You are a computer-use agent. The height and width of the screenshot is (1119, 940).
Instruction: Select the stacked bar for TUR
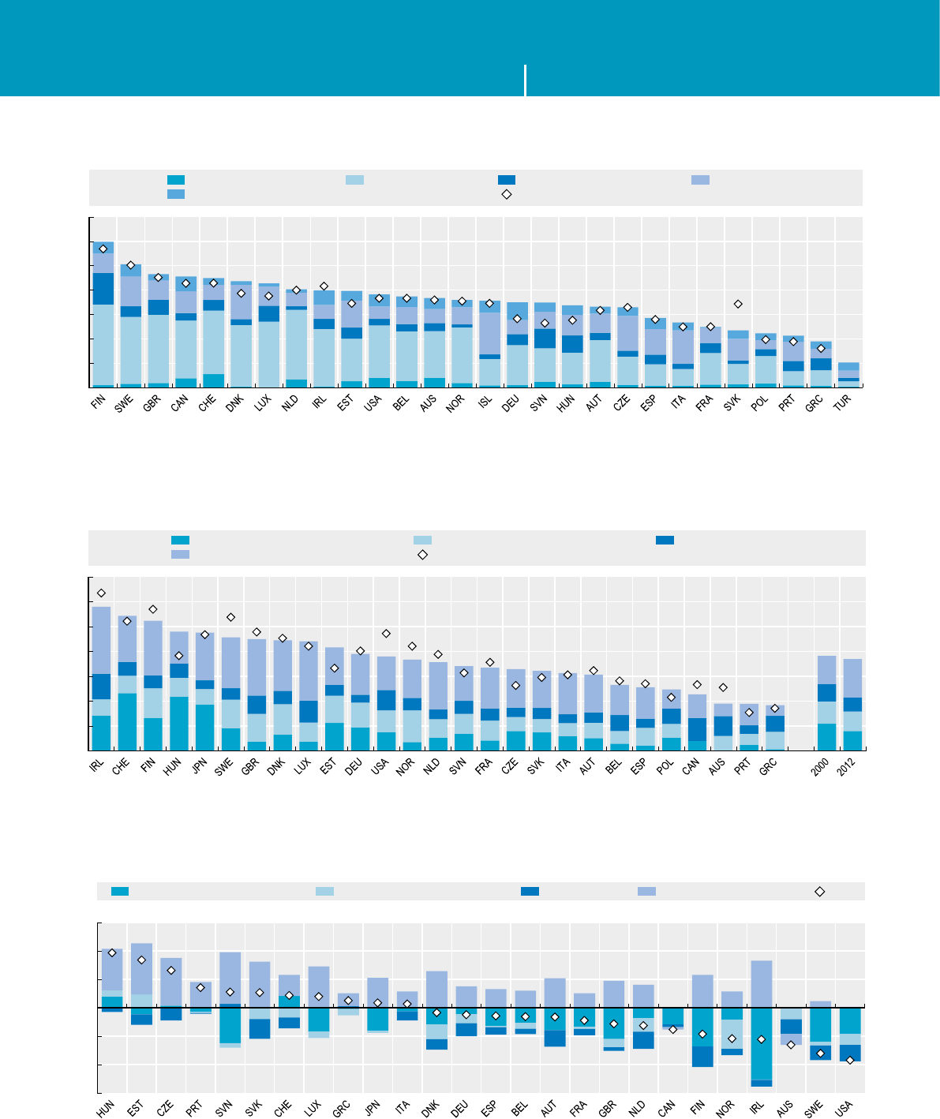(x=848, y=375)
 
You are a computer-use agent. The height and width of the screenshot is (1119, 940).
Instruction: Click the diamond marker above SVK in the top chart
(x=738, y=304)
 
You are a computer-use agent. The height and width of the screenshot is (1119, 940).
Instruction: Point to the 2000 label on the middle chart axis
(x=823, y=765)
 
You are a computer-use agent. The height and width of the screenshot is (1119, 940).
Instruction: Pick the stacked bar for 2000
(x=826, y=702)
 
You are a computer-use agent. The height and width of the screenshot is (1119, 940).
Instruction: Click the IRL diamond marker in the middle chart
(x=101, y=593)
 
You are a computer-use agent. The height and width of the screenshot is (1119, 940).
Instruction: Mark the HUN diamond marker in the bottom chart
(x=112, y=952)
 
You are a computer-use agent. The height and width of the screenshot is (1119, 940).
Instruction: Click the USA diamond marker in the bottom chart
(x=850, y=1060)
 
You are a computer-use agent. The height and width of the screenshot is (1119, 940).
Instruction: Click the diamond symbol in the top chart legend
(x=507, y=194)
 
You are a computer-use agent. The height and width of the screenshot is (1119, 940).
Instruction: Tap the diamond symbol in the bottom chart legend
(x=820, y=891)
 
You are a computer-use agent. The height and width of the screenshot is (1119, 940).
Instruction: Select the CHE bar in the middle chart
(x=127, y=683)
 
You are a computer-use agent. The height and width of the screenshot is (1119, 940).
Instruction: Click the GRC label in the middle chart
(x=771, y=765)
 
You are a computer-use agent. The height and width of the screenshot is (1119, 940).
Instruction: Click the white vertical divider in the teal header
(x=525, y=80)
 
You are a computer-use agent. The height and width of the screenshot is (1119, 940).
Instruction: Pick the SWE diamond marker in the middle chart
(x=230, y=617)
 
